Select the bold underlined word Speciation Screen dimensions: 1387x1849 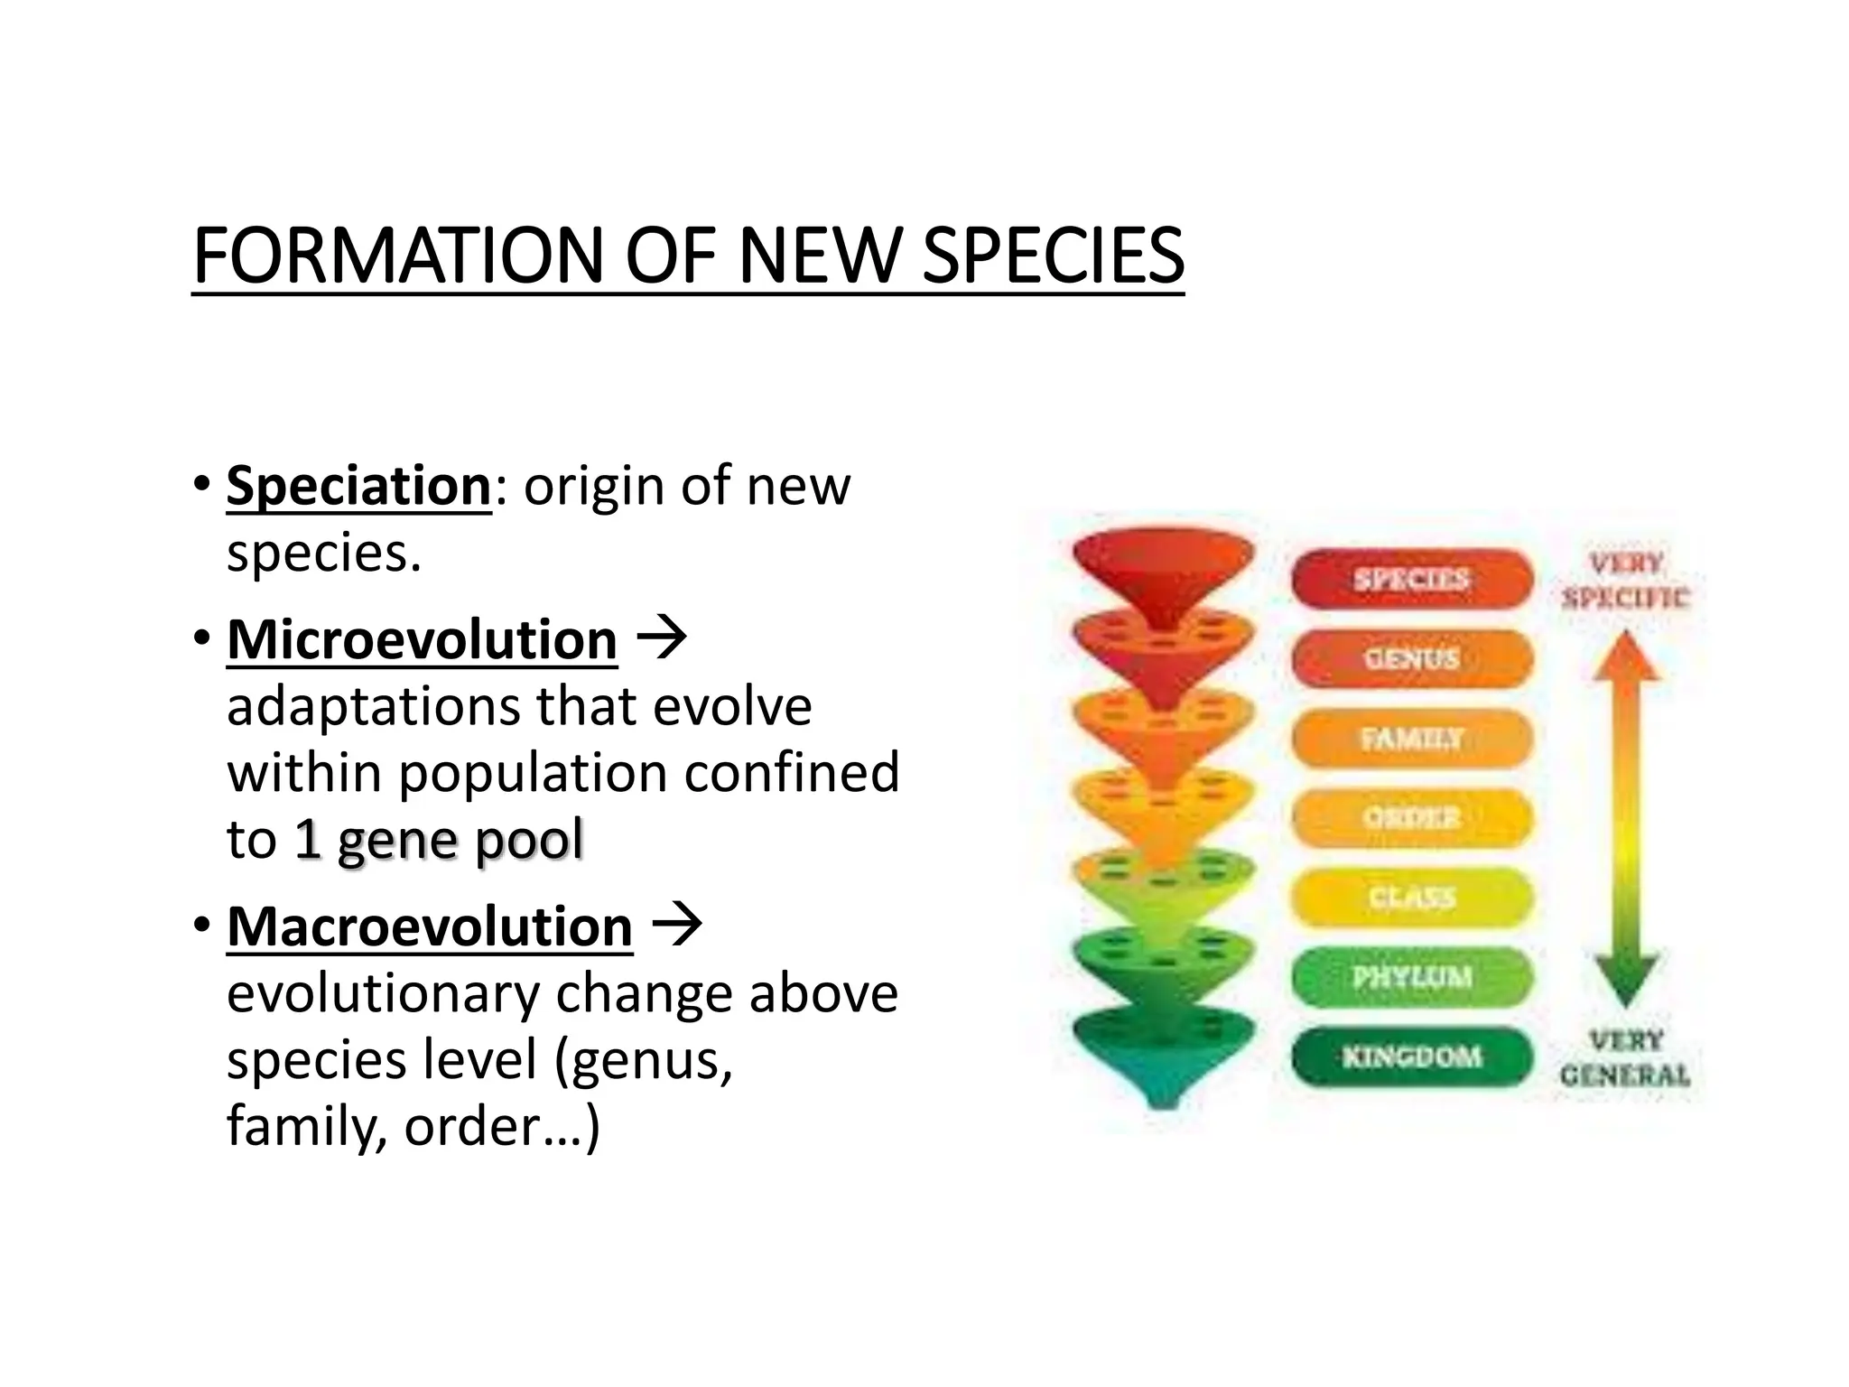[x=358, y=486]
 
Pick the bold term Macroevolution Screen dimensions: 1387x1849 [x=429, y=926]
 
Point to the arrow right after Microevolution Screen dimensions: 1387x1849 [x=662, y=639]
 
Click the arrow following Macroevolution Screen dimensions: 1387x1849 [x=676, y=926]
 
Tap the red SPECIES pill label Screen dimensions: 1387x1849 [x=1411, y=579]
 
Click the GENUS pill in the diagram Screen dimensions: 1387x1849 [x=1411, y=658]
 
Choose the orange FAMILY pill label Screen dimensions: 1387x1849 [x=1411, y=739]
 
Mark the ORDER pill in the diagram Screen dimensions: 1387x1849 [x=1411, y=818]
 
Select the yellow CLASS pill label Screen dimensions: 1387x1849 [x=1411, y=898]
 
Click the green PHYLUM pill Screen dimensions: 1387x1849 [x=1411, y=977]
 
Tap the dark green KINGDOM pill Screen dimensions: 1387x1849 [x=1411, y=1057]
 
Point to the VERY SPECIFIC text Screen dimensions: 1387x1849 [x=1625, y=580]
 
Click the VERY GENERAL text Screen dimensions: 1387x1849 [x=1625, y=1058]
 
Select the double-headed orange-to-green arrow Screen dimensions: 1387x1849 [x=1625, y=817]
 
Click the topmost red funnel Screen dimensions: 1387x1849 [x=1163, y=569]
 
